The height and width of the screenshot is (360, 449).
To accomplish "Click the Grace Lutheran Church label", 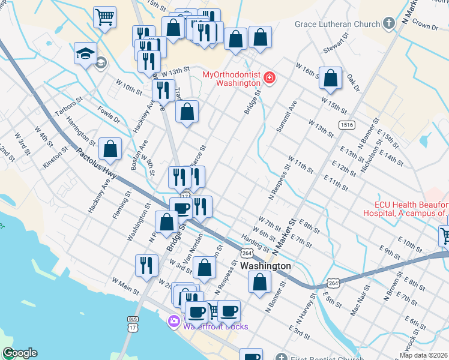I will [337, 25].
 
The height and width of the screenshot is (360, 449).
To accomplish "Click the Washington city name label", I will [265, 266].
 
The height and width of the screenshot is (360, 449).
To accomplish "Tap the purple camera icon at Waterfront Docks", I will [174, 322].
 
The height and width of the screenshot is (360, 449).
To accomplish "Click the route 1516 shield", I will [345, 125].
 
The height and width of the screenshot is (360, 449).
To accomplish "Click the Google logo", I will [19, 353].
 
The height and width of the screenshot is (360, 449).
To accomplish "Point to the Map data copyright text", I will [423, 355].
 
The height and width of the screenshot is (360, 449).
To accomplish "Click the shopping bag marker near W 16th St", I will [330, 78].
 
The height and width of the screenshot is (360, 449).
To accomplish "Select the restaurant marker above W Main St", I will [146, 265].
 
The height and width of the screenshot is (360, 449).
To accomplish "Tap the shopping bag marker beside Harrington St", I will [110, 149].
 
